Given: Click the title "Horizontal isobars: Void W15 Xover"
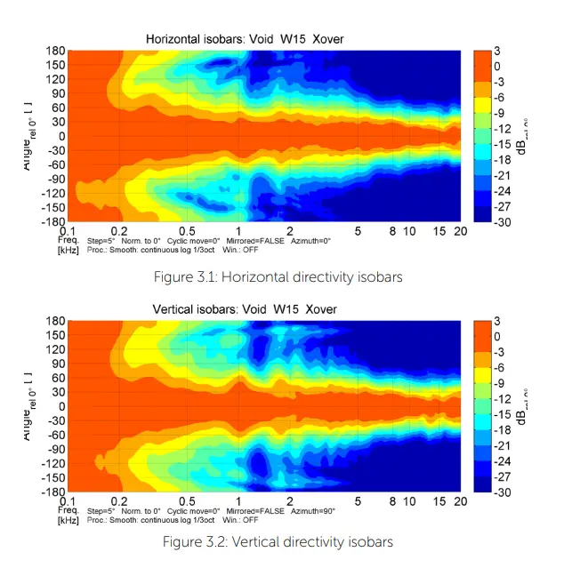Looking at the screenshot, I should click(245, 39).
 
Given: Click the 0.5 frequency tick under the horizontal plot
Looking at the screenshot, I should click(188, 231).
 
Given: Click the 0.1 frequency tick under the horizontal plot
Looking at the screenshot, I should click(67, 231).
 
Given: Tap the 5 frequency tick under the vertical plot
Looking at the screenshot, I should click(358, 502).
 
